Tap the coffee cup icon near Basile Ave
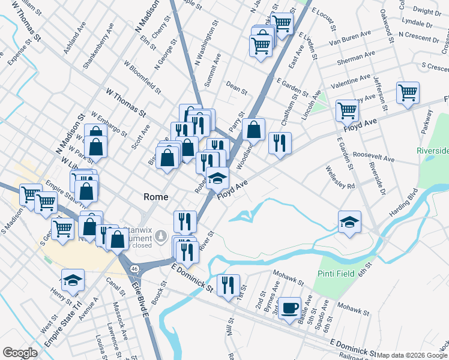[x=290, y=308]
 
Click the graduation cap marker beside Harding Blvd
[x=349, y=222]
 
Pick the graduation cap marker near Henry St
[x=73, y=280]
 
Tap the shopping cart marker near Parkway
[x=408, y=93]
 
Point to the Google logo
[x=20, y=352]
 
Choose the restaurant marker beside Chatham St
[x=280, y=143]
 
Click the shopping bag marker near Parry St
[x=253, y=129]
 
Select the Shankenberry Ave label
[x=99, y=46]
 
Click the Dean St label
[x=237, y=89]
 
